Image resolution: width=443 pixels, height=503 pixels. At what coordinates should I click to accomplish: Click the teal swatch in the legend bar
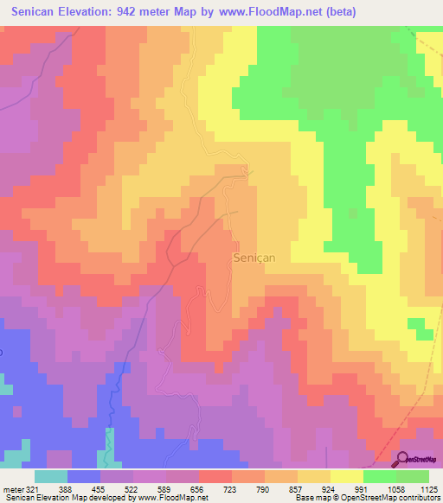tap(51, 476)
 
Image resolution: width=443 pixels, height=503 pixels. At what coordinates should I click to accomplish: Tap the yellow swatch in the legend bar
tap(347, 476)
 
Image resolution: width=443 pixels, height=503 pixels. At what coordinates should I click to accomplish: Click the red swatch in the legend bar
tap(215, 476)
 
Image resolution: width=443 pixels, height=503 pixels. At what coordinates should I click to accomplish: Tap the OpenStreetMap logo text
tap(424, 459)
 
